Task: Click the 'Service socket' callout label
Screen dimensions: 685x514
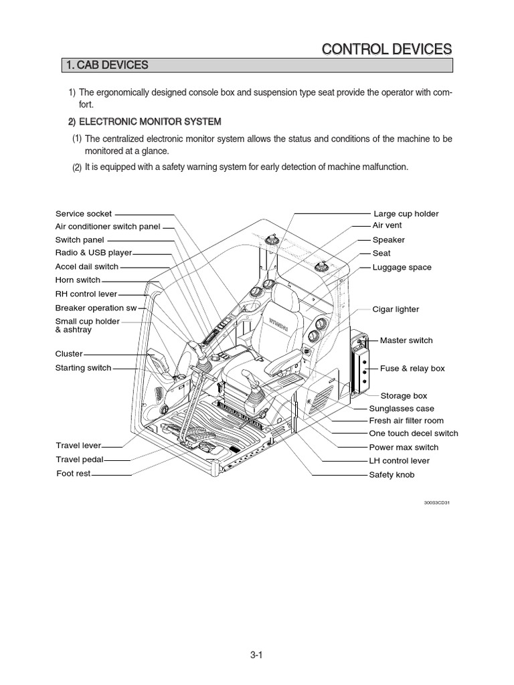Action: (x=84, y=213)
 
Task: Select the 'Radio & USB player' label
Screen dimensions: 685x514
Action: (x=94, y=253)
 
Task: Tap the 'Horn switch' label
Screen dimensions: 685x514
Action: (x=78, y=280)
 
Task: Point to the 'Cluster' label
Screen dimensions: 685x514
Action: (x=69, y=354)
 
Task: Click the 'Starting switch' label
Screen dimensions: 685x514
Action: (x=83, y=367)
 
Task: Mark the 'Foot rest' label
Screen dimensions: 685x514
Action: (x=73, y=474)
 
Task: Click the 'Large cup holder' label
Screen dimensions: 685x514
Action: (x=406, y=213)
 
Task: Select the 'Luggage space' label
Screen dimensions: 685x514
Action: (x=402, y=267)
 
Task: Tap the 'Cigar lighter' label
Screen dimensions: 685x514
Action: (x=396, y=309)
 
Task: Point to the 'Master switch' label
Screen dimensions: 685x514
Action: (x=406, y=340)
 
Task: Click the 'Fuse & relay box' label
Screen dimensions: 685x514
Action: (x=412, y=368)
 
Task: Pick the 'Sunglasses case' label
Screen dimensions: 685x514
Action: (x=402, y=408)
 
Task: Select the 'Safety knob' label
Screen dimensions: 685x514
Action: (x=392, y=474)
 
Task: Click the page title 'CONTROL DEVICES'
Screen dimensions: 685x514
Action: (x=387, y=49)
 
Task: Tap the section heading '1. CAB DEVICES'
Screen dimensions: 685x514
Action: (x=107, y=65)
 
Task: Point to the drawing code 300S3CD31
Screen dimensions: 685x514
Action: (x=436, y=502)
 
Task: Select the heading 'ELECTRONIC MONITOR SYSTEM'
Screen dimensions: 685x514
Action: (x=150, y=122)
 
